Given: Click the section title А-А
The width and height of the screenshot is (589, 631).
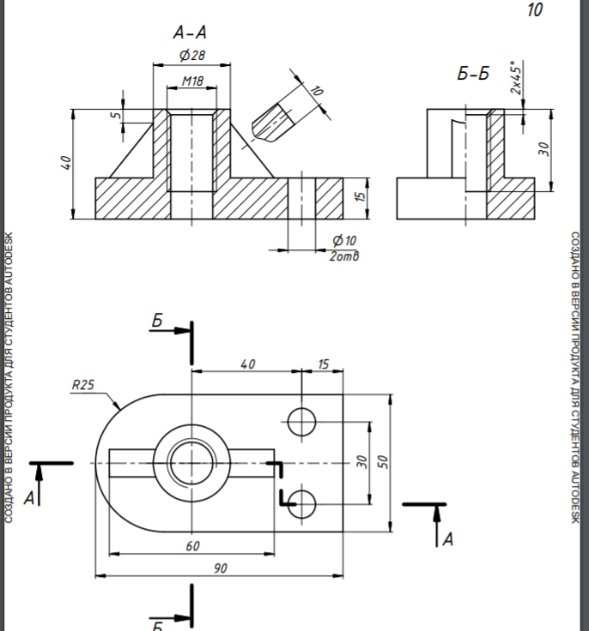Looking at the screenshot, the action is (x=190, y=33).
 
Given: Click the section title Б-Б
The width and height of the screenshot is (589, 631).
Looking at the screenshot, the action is (x=473, y=74).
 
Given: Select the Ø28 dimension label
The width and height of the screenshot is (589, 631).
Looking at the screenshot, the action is (x=192, y=55).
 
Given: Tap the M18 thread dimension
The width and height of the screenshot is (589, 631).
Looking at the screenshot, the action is (x=192, y=81).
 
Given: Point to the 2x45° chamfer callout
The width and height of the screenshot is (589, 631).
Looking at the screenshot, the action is (x=516, y=78).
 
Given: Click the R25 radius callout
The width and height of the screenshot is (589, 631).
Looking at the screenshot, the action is (x=83, y=385).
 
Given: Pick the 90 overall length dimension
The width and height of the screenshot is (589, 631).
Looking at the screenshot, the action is (x=220, y=568).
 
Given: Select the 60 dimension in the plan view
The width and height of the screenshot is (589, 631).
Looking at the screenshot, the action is (x=192, y=546).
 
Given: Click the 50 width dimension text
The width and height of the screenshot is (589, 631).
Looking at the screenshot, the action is (x=384, y=461).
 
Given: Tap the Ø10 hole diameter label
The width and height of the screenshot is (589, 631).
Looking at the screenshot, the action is (x=344, y=241).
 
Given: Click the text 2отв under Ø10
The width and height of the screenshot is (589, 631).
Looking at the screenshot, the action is (x=344, y=256).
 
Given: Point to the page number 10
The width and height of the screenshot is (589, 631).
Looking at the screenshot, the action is (x=535, y=10).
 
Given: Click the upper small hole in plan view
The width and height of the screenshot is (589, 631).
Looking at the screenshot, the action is (x=301, y=422).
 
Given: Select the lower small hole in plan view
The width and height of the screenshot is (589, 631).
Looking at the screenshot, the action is (x=301, y=504).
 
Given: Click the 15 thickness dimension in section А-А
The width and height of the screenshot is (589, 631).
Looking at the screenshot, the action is (x=361, y=195).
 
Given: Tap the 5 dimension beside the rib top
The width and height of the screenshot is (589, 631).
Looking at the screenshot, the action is (x=116, y=115).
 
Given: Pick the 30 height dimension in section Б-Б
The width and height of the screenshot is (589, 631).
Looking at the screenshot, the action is (x=543, y=149).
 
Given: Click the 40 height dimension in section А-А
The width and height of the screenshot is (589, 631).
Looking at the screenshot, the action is (x=66, y=163).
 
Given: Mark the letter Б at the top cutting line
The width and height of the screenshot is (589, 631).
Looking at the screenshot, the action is (x=157, y=321).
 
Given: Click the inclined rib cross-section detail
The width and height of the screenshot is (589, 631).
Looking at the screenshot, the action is (x=272, y=123).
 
